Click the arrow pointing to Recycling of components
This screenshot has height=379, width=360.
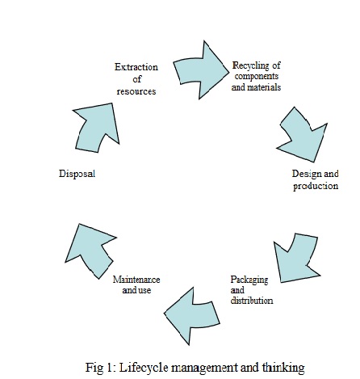[x=200, y=70]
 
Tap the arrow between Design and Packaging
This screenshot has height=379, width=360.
[x=297, y=259]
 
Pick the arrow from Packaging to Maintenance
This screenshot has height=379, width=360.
[x=192, y=316]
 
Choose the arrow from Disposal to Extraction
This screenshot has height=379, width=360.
[x=98, y=128]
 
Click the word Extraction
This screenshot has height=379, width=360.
[x=136, y=67]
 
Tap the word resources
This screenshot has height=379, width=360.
[x=136, y=91]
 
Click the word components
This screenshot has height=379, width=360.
[x=257, y=76]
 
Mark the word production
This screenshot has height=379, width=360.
[x=316, y=186]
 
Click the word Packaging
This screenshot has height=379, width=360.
[x=249, y=280]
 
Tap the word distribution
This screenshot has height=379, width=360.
[x=252, y=301]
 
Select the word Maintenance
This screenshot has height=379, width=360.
[x=136, y=280]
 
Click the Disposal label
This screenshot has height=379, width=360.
[x=77, y=174]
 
